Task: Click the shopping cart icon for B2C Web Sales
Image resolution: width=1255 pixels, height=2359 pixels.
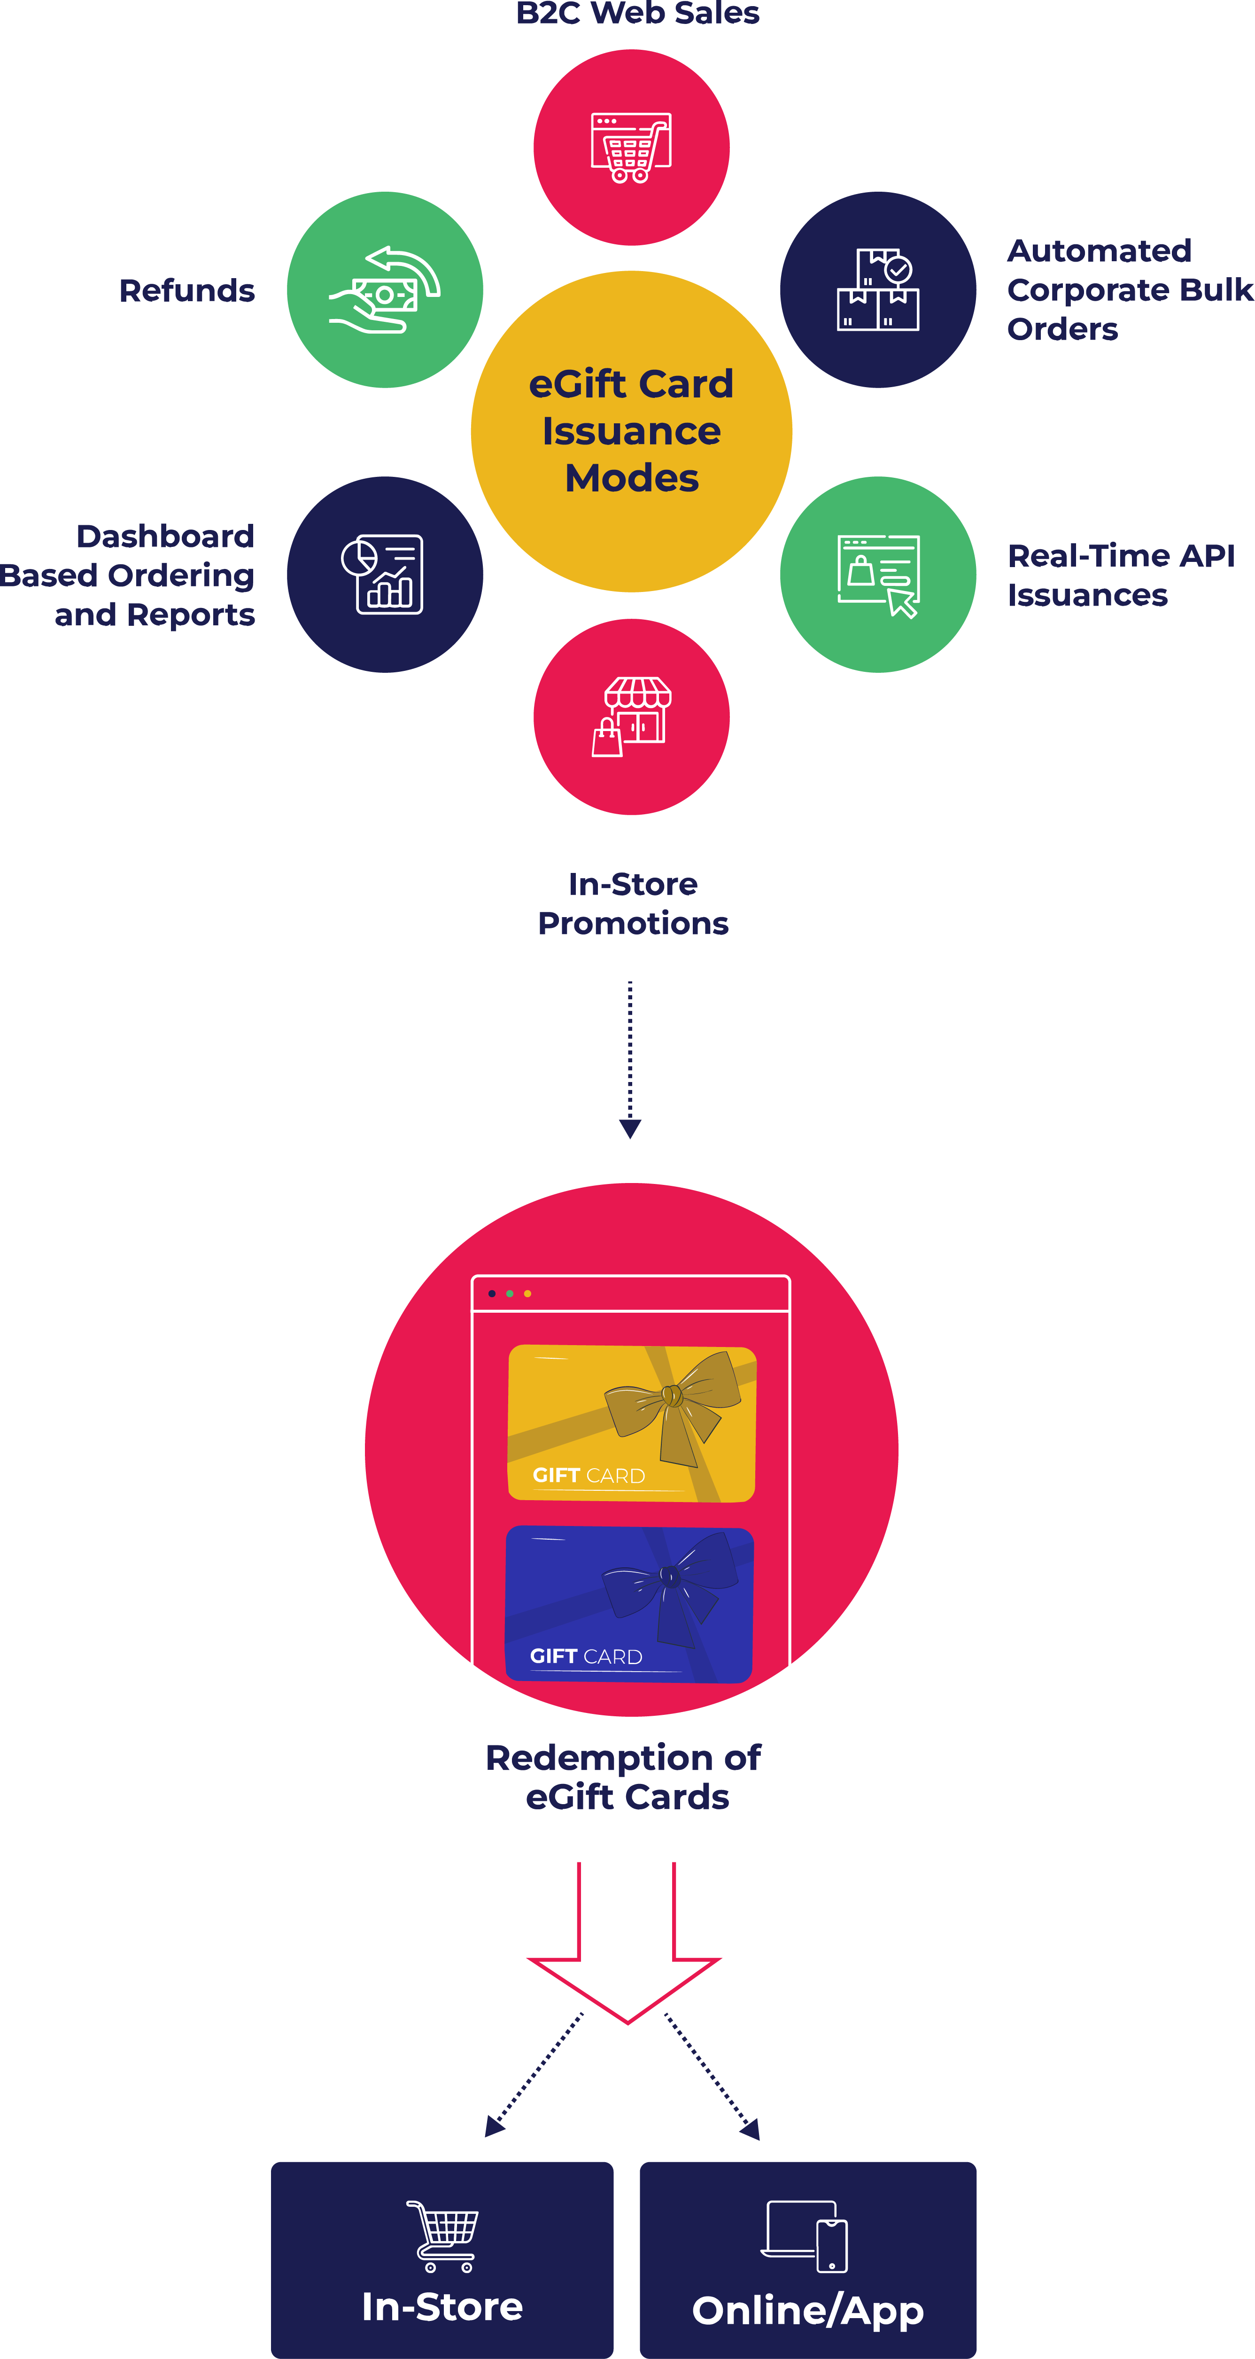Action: (x=631, y=148)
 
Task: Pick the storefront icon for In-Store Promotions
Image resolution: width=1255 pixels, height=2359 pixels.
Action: (x=632, y=716)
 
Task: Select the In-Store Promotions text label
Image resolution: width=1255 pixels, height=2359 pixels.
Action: (x=633, y=903)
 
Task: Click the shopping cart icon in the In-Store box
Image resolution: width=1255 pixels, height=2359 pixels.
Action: (x=443, y=2235)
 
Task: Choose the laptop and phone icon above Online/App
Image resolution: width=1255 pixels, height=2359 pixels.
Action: (x=806, y=2235)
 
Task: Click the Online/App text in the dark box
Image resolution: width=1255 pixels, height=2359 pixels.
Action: (x=807, y=2310)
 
